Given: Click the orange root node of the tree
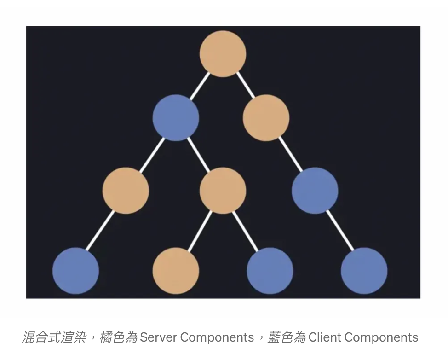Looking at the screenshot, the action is point(223,54).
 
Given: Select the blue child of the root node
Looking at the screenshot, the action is point(176,118).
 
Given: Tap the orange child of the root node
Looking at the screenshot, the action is point(266,118).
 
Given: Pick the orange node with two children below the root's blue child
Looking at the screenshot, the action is point(223,191).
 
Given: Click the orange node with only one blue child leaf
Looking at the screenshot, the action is point(126,191).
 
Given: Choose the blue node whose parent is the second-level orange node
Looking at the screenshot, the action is point(315,191).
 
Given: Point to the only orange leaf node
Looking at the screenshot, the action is point(176,271).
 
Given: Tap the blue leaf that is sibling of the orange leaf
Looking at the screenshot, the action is point(270,271).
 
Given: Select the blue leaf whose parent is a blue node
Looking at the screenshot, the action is point(364,271).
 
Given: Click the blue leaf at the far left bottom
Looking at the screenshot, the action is point(76,271).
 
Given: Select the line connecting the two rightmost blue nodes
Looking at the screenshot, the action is point(339,231).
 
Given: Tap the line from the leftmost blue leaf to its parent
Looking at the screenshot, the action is point(101,231).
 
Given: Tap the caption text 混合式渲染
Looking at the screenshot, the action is point(54,337).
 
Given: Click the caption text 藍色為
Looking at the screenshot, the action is point(287,337).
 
